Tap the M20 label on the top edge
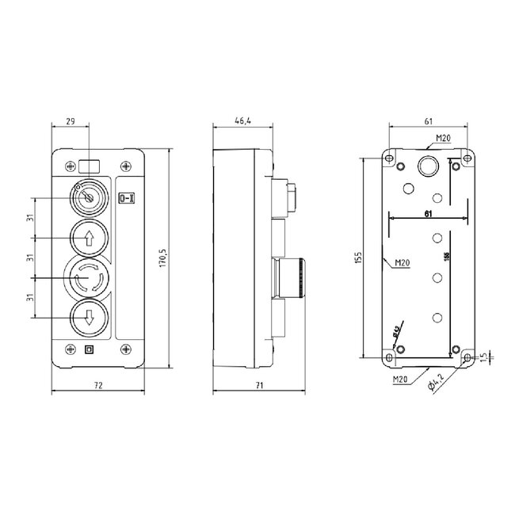point(441,137)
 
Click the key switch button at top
point(87,195)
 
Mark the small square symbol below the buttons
point(89,349)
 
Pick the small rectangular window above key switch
point(90,166)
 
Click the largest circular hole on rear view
point(428,166)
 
